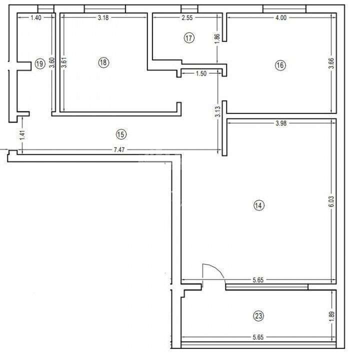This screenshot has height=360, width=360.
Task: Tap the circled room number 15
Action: click(120, 133)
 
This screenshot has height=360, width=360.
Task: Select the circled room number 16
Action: click(279, 64)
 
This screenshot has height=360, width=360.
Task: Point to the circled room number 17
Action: click(188, 38)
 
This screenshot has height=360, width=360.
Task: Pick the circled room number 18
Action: click(103, 62)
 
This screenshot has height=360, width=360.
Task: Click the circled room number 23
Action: click(258, 316)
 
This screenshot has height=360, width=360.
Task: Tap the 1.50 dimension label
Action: click(201, 74)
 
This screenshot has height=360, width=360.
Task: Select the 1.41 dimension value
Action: click(20, 135)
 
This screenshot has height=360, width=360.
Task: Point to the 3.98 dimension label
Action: click(282, 124)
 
